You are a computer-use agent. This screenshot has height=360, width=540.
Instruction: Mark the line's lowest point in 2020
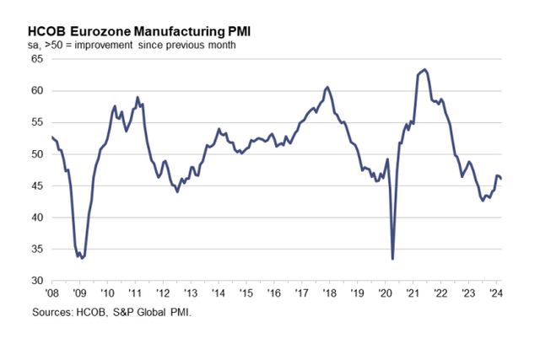pos(393,259)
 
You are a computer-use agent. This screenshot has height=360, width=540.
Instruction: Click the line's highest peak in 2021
pos(424,69)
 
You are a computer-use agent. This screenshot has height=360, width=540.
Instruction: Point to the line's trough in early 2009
pos(81,257)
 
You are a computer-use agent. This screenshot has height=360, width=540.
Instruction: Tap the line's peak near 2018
pos(327,87)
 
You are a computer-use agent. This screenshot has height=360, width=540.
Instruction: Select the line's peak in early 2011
pos(138,97)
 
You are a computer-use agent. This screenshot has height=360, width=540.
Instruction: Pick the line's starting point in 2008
pos(52,137)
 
